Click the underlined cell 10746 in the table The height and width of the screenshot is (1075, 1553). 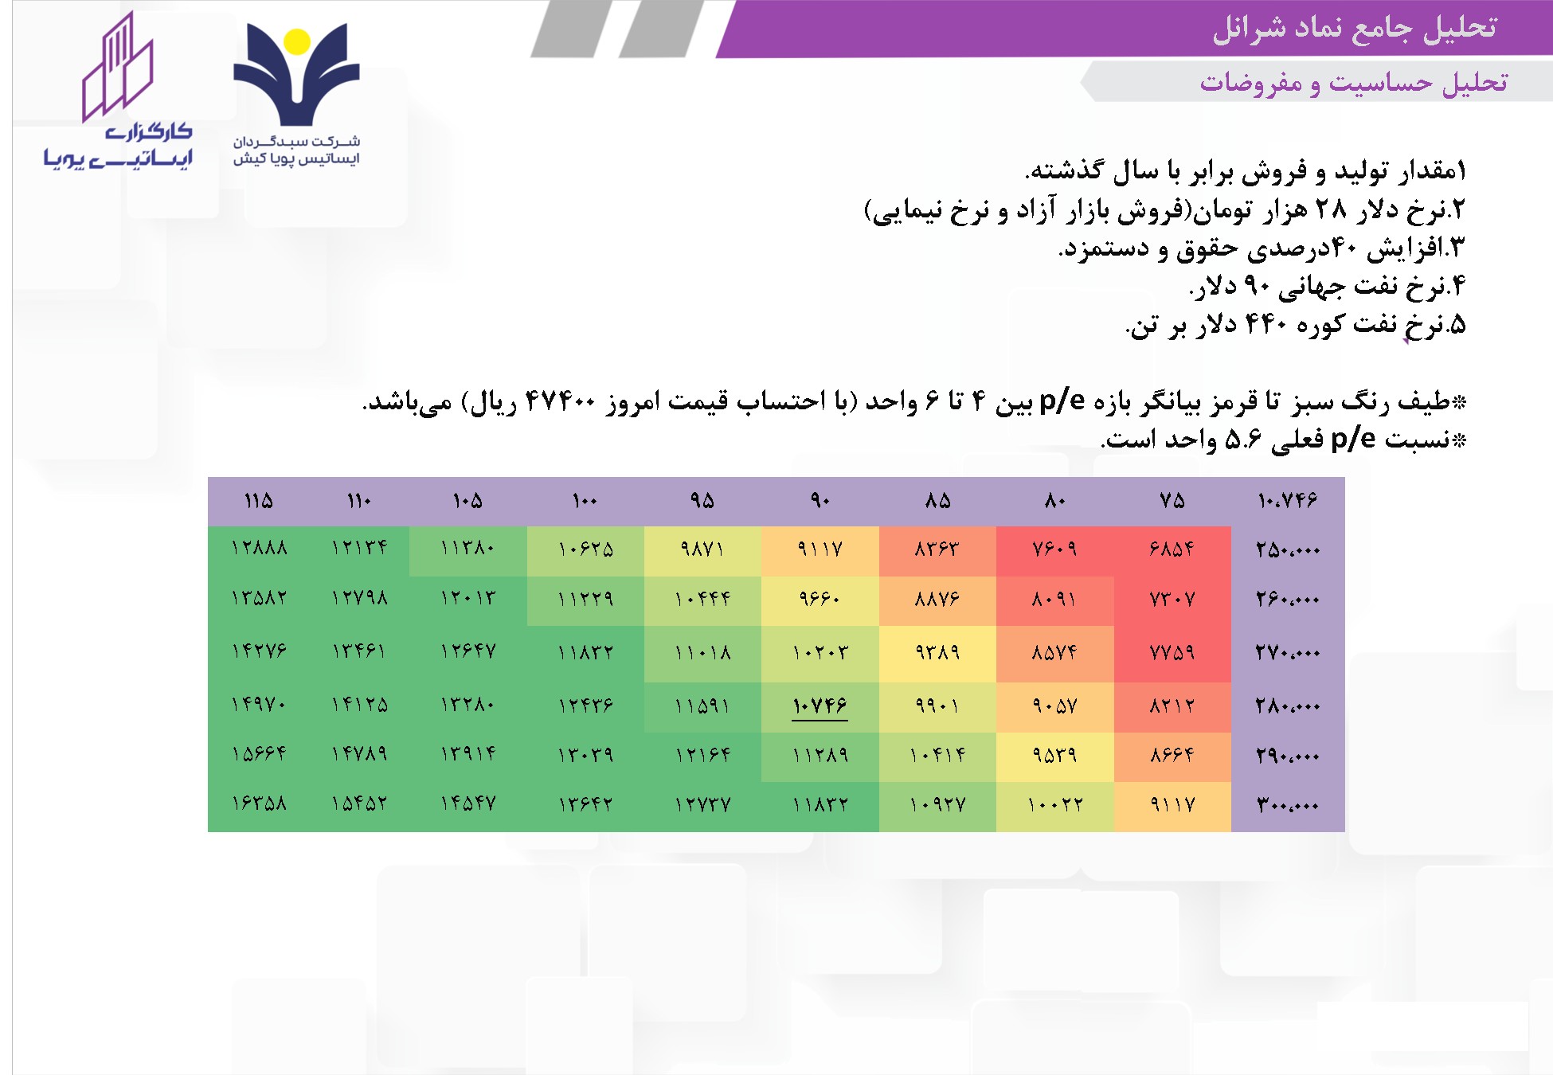(x=820, y=706)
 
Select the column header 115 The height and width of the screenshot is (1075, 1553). (x=259, y=501)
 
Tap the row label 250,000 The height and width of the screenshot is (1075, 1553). (x=1287, y=549)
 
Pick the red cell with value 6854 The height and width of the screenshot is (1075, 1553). (x=1172, y=549)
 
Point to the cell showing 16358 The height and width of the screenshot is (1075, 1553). (x=259, y=803)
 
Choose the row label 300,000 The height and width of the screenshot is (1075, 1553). (x=1287, y=805)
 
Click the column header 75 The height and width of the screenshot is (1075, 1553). (x=1172, y=501)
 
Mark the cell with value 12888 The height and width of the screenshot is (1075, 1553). (x=259, y=548)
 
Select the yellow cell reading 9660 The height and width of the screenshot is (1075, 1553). (x=820, y=598)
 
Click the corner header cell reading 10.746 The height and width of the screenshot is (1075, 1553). (x=1287, y=501)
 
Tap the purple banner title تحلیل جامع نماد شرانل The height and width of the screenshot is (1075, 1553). (x=1354, y=29)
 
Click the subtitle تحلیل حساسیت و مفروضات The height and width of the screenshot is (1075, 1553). (x=1353, y=83)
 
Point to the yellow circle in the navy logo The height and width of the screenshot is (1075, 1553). (x=297, y=42)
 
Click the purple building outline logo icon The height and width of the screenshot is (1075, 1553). (x=118, y=67)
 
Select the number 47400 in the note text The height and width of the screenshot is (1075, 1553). (x=561, y=402)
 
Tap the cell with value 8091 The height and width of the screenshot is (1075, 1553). (x=1054, y=599)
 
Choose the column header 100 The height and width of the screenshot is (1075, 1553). (x=585, y=501)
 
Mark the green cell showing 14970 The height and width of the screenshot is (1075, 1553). (x=259, y=705)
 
